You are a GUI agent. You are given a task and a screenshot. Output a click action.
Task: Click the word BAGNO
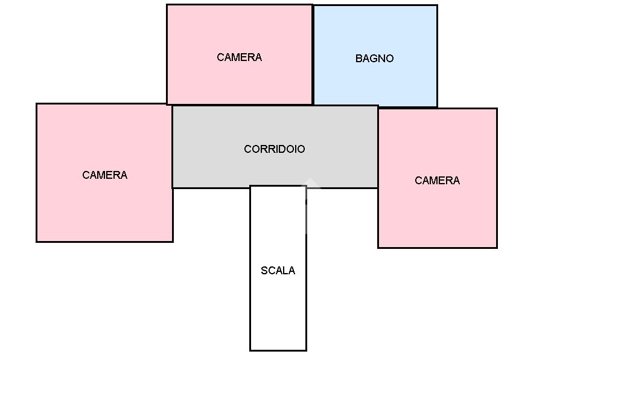374,59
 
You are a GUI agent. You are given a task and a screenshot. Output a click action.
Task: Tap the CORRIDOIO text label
274,149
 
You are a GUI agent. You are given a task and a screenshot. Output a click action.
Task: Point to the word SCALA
278,271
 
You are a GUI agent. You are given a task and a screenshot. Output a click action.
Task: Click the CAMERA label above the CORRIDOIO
239,57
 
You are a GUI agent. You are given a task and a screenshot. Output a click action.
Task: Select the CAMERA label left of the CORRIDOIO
104,175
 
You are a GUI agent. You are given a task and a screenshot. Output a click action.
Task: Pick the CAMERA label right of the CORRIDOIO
437,181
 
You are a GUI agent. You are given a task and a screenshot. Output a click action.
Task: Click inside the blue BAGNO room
375,85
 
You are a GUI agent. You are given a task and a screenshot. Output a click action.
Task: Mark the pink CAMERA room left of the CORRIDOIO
104,205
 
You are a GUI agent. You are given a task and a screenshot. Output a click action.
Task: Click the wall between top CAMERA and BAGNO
313,54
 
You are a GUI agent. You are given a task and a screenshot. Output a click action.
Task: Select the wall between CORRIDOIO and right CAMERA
378,151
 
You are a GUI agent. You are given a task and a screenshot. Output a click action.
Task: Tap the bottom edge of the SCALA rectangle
278,350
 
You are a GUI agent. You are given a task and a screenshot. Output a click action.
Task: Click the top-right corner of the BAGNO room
437,5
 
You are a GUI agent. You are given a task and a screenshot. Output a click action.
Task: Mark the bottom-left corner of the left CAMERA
37,242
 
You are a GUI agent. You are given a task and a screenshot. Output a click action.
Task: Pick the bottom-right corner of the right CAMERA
497,247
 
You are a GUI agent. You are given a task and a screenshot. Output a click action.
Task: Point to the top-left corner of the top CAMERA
167,5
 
